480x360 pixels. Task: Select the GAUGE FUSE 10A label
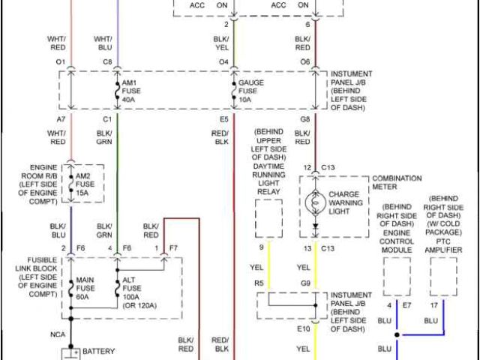click(x=251, y=90)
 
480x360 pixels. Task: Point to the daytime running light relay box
click(x=268, y=217)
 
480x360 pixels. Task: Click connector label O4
click(x=223, y=61)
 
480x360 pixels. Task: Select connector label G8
click(x=305, y=119)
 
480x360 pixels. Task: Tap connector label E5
click(x=223, y=119)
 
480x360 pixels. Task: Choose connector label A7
click(x=60, y=119)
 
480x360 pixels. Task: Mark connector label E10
click(x=303, y=328)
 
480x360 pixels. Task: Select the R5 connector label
click(x=259, y=283)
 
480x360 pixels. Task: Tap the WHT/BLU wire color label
click(x=103, y=42)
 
